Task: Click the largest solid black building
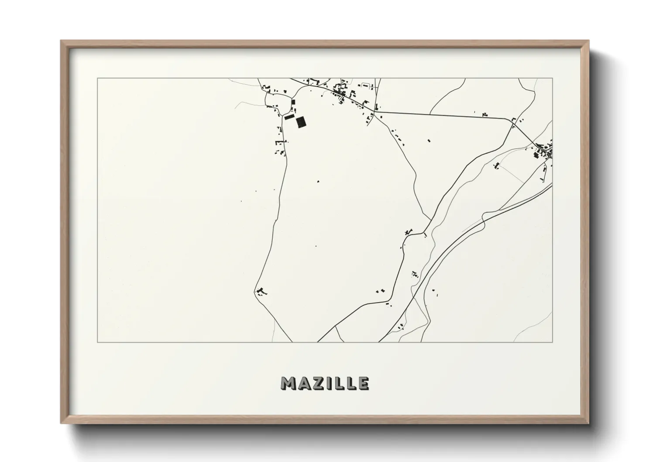point(300,122)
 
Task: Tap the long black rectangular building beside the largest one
point(289,117)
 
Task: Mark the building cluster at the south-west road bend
point(261,291)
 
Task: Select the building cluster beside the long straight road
point(484,114)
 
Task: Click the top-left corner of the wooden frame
point(61,41)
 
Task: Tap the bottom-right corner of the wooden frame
point(588,423)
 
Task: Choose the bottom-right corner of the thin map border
point(552,342)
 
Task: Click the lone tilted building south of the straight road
point(428,141)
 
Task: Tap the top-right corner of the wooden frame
point(588,41)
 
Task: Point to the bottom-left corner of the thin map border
point(97,342)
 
